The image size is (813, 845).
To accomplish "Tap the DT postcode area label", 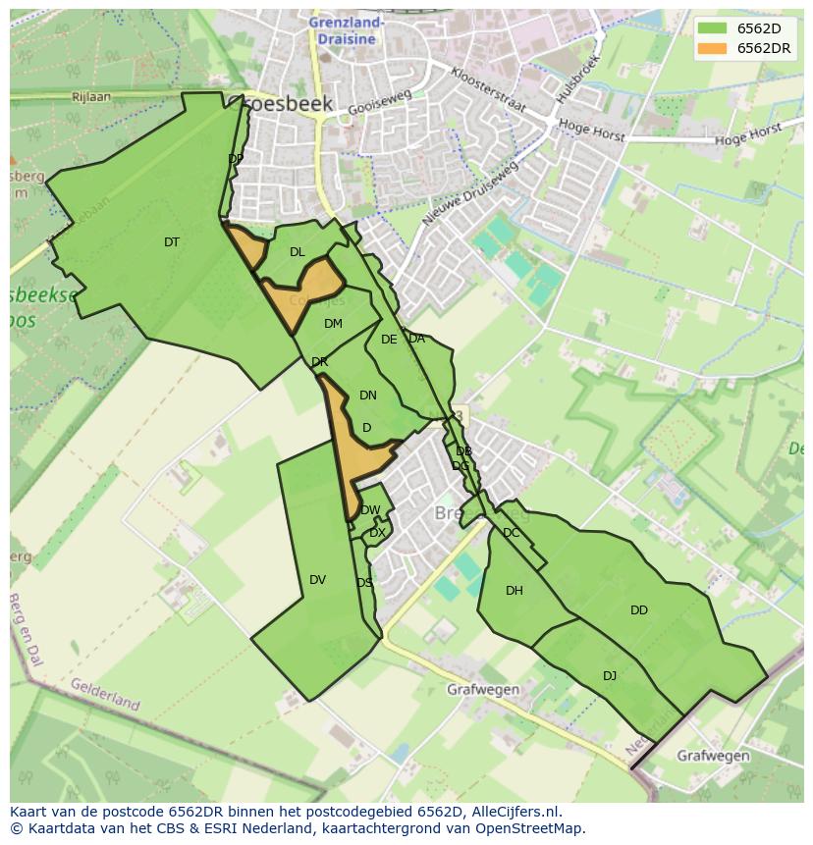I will pos(172,242).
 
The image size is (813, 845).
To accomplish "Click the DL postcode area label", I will pos(298,252).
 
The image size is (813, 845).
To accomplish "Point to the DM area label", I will pos(333,324).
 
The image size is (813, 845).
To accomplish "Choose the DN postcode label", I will pos(368,396).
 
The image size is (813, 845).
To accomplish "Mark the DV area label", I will pos(317,580).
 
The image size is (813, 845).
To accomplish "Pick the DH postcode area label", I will pos(515,591).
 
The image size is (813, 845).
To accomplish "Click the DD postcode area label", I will pos(639,610).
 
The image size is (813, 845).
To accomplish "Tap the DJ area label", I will pos(610,675).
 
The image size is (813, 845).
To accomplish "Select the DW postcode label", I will pos(370,510).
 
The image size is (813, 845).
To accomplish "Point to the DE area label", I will pos(389,340).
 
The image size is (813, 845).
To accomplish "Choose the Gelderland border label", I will pos(105,694).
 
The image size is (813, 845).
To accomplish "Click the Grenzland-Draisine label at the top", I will pos(346,29).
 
